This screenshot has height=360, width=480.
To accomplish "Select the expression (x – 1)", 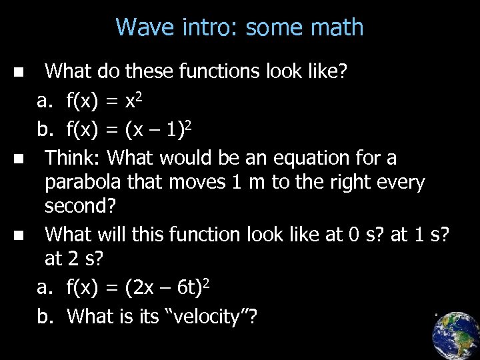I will (153, 132).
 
